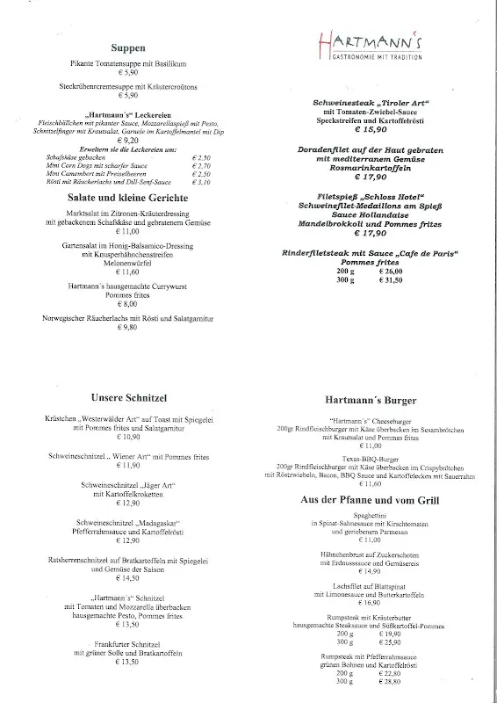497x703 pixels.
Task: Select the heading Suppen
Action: (129, 49)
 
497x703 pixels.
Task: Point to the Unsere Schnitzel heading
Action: (128, 396)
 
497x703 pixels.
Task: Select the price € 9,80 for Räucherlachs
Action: (128, 327)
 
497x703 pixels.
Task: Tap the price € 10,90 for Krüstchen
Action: (128, 437)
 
